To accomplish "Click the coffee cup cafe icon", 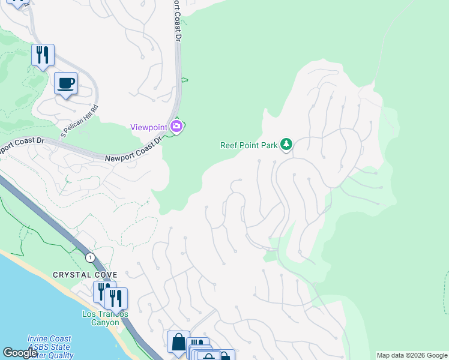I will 65,83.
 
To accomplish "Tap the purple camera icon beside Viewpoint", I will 177,126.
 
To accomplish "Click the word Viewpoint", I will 149,127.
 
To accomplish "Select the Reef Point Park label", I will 249,145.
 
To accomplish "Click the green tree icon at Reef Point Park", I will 286,144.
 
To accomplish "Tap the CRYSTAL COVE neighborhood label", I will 85,275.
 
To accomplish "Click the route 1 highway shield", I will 90,257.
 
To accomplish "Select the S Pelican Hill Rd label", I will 79,123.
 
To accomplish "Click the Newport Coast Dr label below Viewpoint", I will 133,150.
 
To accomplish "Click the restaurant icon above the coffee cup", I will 43,55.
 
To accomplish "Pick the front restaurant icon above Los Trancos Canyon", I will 116,298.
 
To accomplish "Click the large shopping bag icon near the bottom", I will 178,342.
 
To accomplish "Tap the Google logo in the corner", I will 20,353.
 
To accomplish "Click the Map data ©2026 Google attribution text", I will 411,355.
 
